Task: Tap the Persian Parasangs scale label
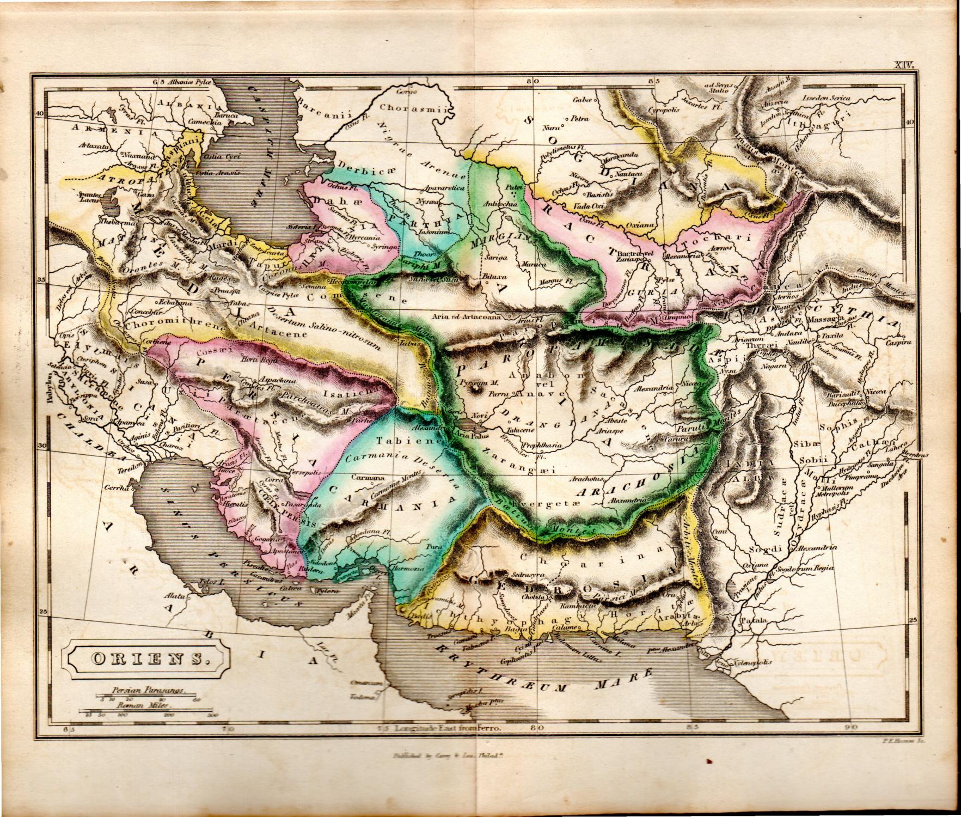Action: click(x=146, y=690)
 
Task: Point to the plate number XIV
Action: click(x=904, y=65)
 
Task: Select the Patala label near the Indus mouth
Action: click(x=756, y=620)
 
